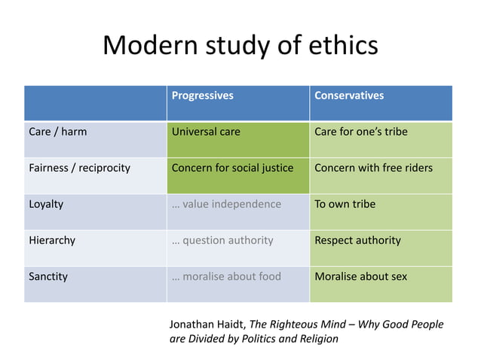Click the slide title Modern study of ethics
click(240, 45)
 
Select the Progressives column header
click(203, 96)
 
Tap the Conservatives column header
click(349, 96)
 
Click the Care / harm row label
click(58, 132)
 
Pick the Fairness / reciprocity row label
click(79, 168)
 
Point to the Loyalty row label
click(46, 204)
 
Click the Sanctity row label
click(48, 276)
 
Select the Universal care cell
click(206, 132)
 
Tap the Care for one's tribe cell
click(361, 132)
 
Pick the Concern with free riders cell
click(373, 168)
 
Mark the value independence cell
click(226, 204)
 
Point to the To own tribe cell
click(345, 204)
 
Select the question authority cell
click(222, 240)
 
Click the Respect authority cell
click(357, 240)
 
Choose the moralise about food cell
click(226, 276)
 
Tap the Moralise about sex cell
click(360, 276)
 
